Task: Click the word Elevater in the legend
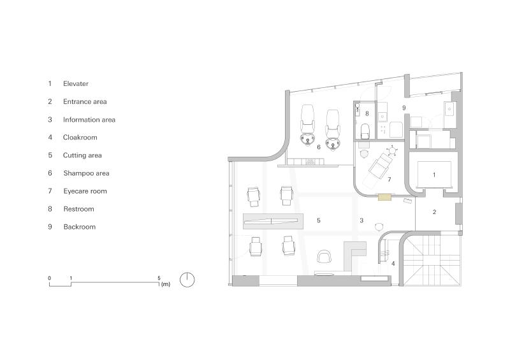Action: point(76,83)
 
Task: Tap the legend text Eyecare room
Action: point(85,191)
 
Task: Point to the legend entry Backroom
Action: point(79,227)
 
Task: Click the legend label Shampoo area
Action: point(86,173)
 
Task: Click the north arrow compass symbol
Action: point(187,280)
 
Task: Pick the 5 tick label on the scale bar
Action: point(159,278)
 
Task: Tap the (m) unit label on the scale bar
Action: point(166,284)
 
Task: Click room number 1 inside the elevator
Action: point(434,174)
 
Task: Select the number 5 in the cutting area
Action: point(318,220)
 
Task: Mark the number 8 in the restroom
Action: point(367,113)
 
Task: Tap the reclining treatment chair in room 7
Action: point(381,165)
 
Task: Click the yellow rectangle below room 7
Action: point(384,198)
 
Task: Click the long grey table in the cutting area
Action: point(273,222)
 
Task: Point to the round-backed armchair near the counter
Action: point(324,257)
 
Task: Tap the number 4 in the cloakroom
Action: point(393,263)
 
